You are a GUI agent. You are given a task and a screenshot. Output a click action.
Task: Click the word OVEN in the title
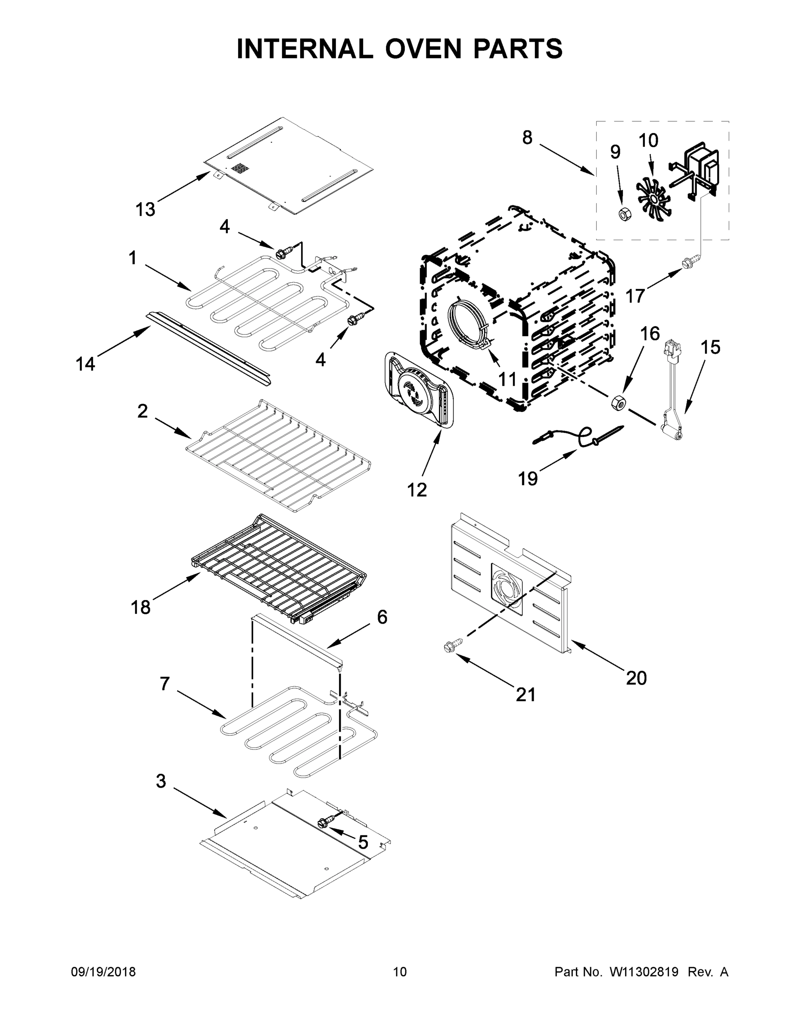(x=429, y=49)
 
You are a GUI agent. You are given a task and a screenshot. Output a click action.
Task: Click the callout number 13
(x=145, y=209)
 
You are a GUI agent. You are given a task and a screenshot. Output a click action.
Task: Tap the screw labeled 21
(x=449, y=647)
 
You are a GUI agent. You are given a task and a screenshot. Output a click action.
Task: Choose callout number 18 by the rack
(x=140, y=607)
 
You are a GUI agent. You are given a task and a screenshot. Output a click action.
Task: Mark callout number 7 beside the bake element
(x=164, y=684)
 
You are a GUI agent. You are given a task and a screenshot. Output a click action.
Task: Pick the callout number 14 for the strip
(x=86, y=364)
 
